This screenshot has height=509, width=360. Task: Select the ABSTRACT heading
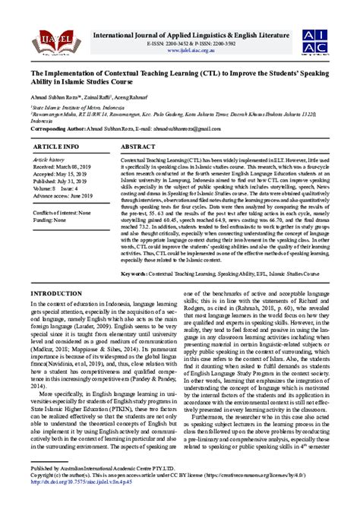137,145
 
